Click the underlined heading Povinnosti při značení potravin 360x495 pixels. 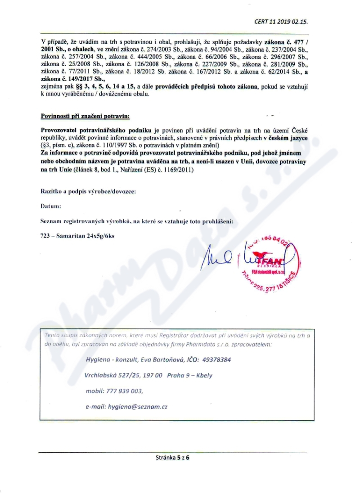pos(85,116)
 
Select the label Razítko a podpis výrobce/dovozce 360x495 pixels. pos(88,191)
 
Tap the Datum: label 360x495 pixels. pos(50,207)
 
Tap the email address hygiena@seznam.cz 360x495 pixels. pos(138,406)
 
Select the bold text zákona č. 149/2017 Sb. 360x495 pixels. pos(67,78)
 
